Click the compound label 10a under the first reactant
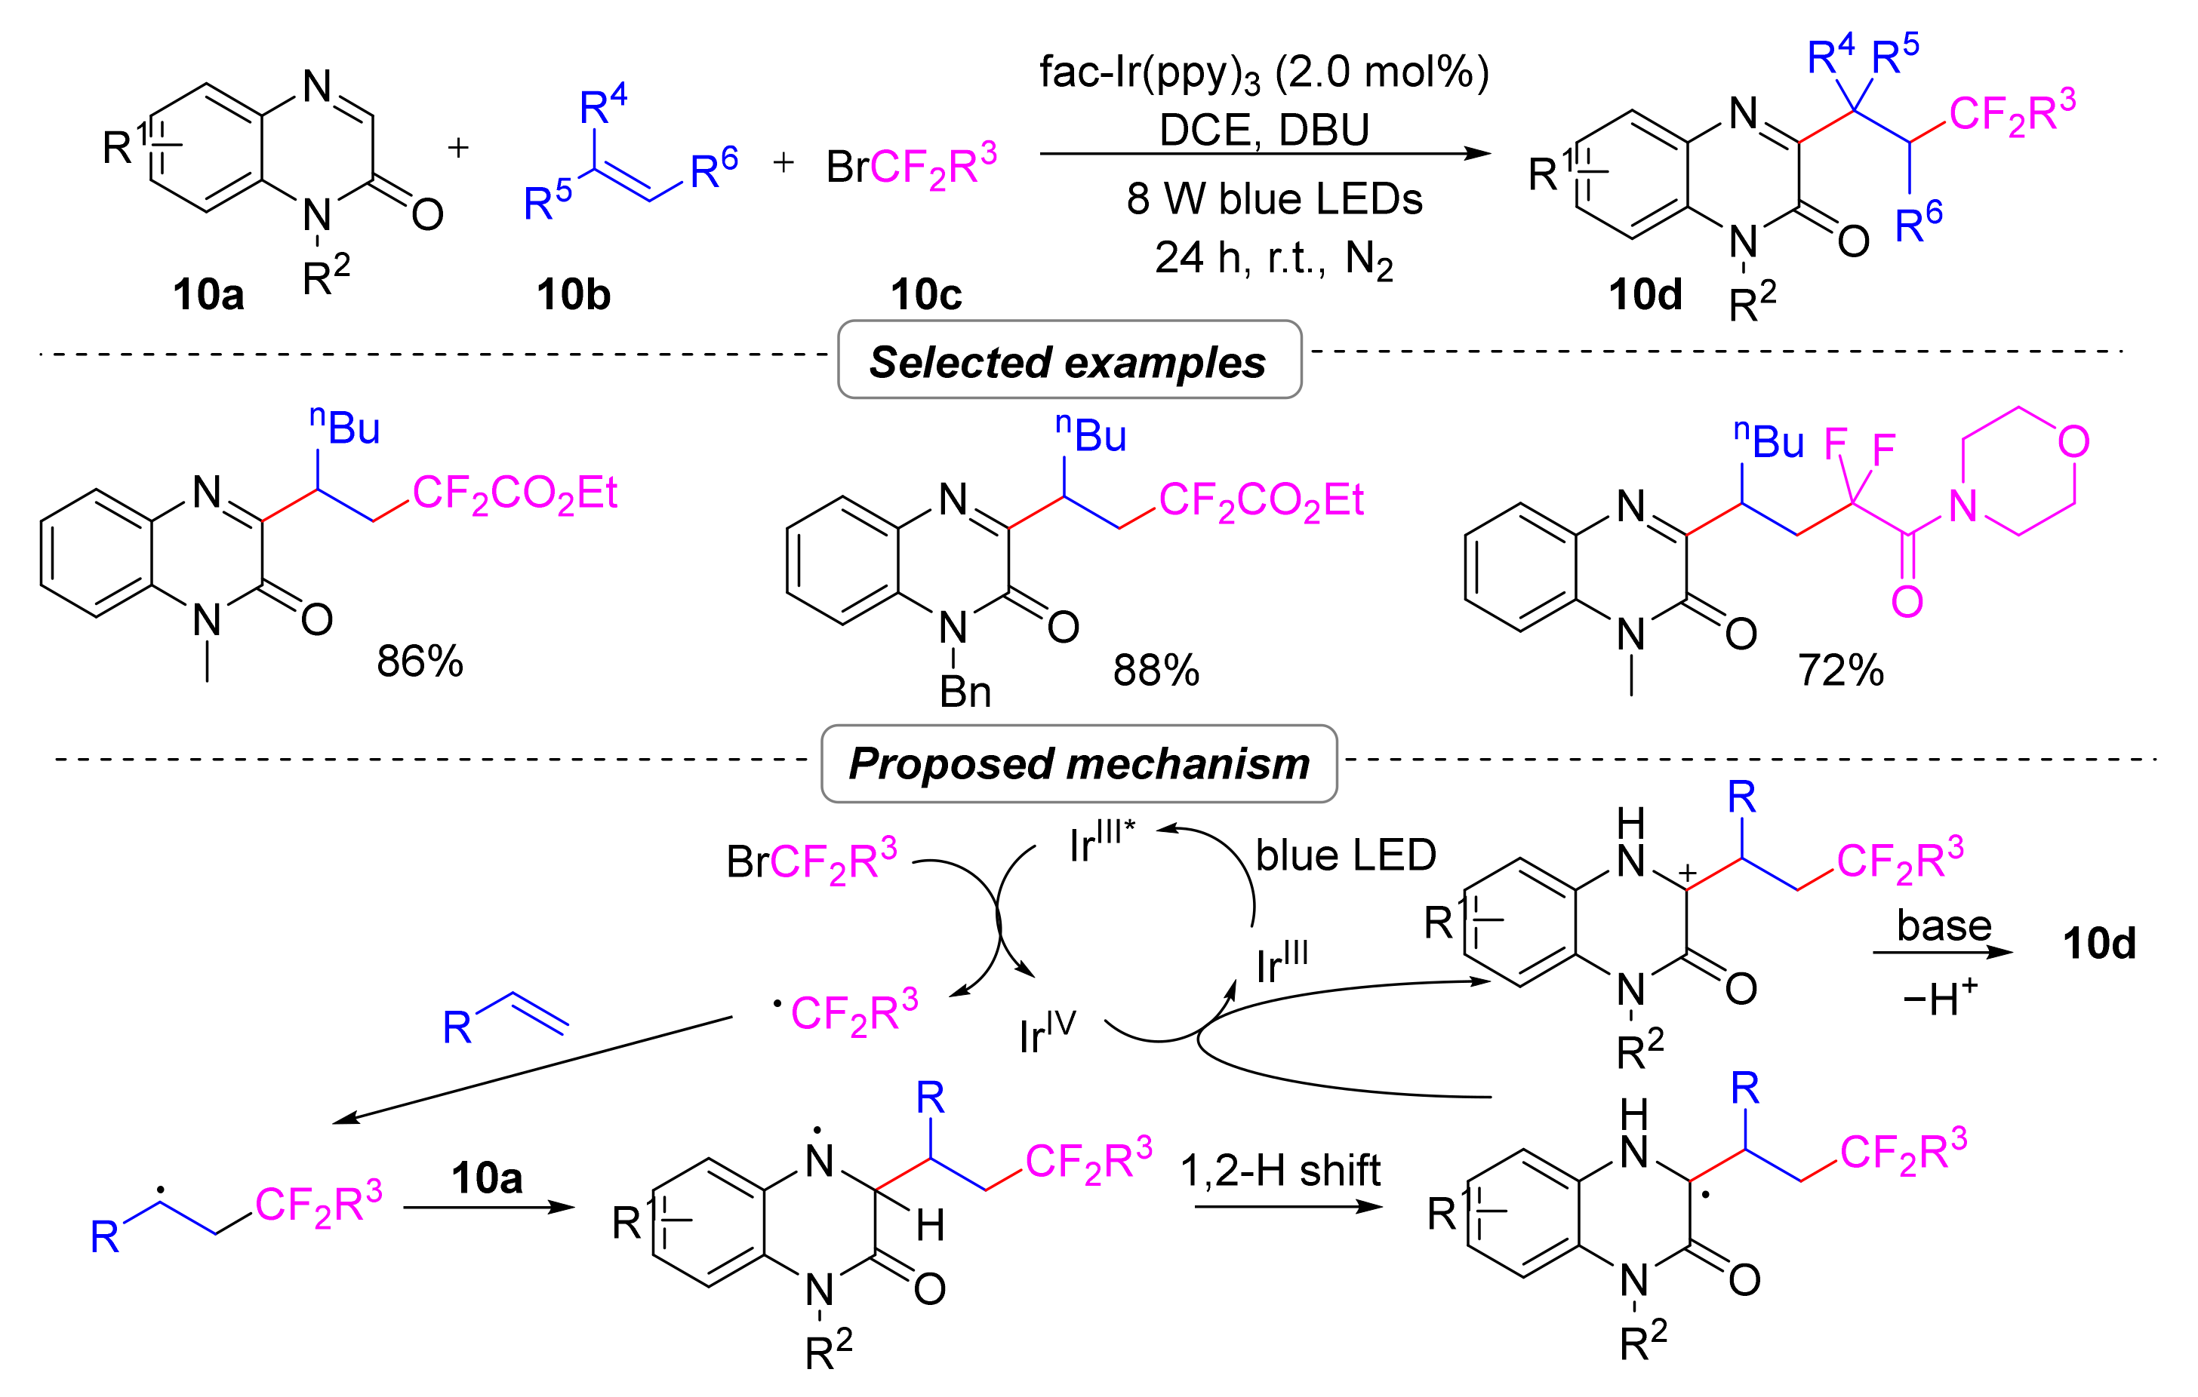coord(208,295)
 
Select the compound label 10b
coord(573,295)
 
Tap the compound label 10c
coord(925,295)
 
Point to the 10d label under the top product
coord(1645,295)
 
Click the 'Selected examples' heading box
coord(1069,361)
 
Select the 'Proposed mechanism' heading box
coord(1079,763)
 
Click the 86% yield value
coord(420,662)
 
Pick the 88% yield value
coord(1156,671)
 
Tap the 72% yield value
coord(1840,671)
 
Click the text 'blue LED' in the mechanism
coord(1346,855)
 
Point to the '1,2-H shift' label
coord(1281,1171)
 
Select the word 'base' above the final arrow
coord(1944,926)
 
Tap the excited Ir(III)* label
coord(1102,841)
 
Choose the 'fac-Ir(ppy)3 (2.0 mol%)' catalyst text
coord(1264,73)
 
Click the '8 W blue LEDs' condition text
coord(1274,199)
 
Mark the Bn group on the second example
coord(965,692)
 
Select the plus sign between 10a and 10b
coord(458,148)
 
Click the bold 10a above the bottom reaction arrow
coord(487,1178)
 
